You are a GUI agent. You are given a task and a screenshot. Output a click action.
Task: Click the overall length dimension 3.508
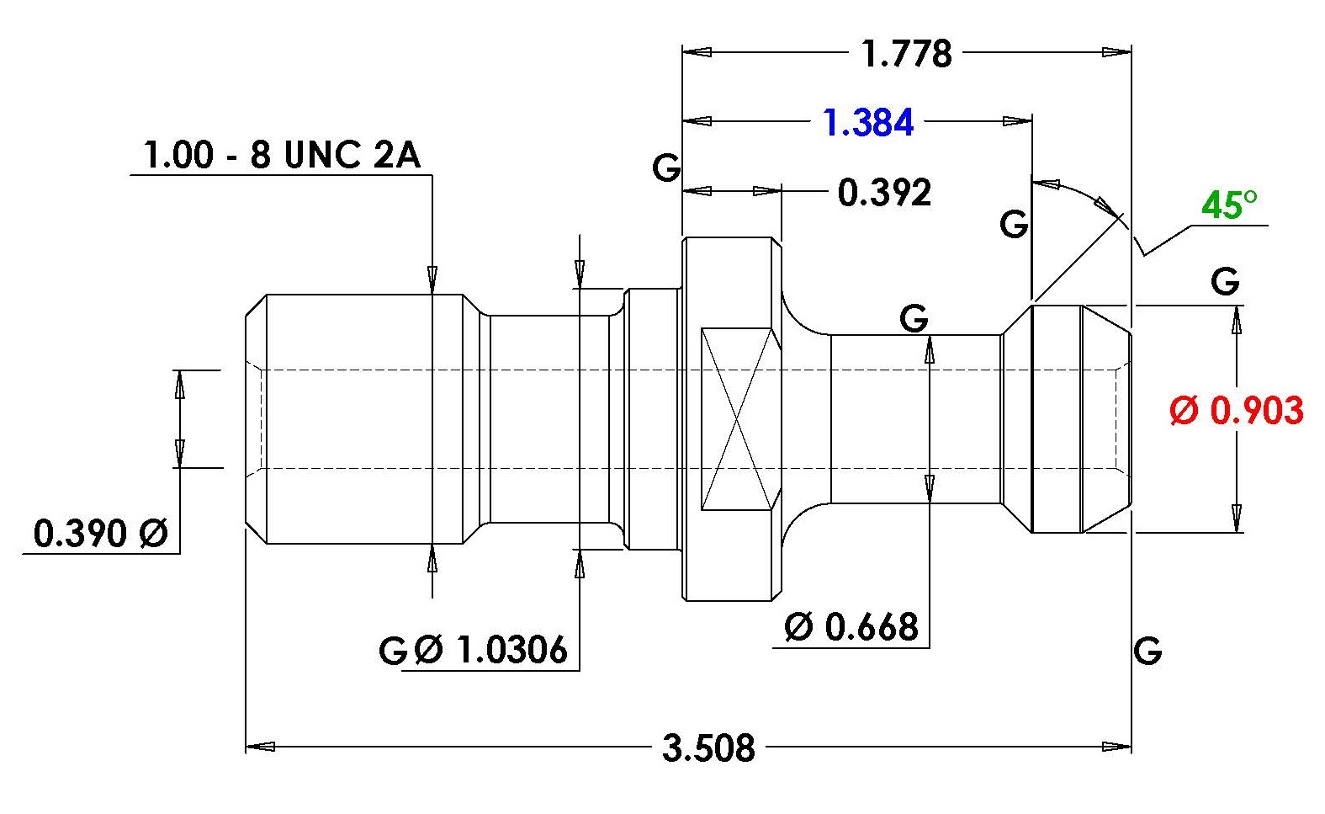pos(708,747)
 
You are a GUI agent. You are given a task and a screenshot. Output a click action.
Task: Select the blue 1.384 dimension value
pos(868,123)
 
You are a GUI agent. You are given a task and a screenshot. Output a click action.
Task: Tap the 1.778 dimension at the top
pos(906,53)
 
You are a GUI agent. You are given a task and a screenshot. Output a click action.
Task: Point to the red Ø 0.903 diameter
pos(1237,410)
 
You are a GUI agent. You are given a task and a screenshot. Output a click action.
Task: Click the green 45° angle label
pos(1229,205)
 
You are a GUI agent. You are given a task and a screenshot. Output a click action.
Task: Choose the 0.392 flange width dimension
pos(884,193)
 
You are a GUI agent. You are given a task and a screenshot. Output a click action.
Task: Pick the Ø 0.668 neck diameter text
pos(851,627)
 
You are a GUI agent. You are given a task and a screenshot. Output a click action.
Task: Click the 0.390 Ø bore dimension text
pos(101,533)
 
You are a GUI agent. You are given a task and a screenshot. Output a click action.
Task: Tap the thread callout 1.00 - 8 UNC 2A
pos(282,155)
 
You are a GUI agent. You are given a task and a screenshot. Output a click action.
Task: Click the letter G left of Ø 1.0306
pos(393,651)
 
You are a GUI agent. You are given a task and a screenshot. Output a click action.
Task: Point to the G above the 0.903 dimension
pos(1224,281)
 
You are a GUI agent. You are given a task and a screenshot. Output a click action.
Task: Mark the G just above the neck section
pos(914,318)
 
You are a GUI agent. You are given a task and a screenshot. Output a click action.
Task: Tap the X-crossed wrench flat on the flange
pos(736,419)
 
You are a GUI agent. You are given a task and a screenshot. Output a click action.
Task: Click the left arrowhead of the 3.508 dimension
pos(260,747)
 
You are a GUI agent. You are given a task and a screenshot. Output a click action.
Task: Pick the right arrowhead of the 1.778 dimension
pos(1117,52)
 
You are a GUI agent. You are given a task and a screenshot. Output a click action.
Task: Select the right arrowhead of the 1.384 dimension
pos(1017,121)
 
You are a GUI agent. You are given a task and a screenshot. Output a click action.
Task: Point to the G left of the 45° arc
pos(1013,225)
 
